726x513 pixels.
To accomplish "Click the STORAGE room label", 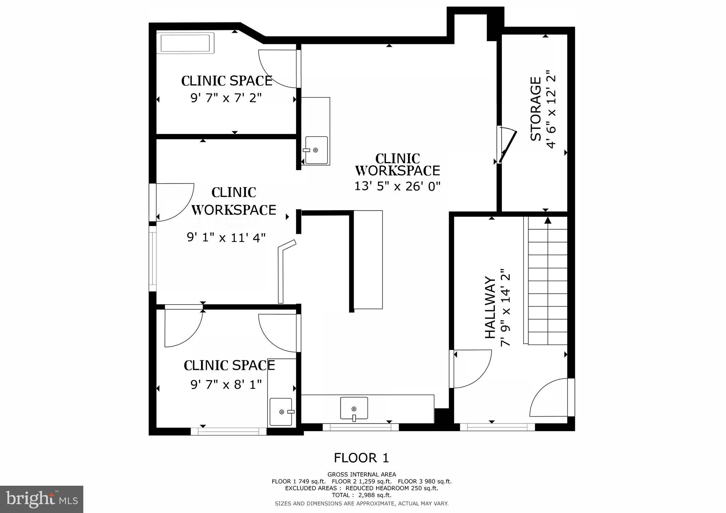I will coord(536,109).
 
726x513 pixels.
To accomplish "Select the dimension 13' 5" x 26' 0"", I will coord(397,186).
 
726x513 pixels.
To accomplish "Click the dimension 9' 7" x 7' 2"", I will coord(226,98).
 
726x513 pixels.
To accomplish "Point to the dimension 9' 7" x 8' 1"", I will coord(226,384).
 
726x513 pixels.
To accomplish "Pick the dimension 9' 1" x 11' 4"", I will coord(226,237).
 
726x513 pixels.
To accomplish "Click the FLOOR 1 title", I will coord(361,458).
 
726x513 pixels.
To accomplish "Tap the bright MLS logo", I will coord(41,499).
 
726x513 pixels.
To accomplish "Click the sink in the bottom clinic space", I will coord(281,412).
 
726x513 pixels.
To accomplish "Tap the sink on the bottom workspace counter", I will coord(354,408).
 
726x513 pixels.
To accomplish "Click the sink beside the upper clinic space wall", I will coord(316,150).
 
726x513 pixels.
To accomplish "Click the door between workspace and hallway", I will coord(471,368).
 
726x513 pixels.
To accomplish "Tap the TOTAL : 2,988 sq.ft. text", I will coord(361,495).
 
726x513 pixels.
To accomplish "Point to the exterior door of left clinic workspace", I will coord(173,202).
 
